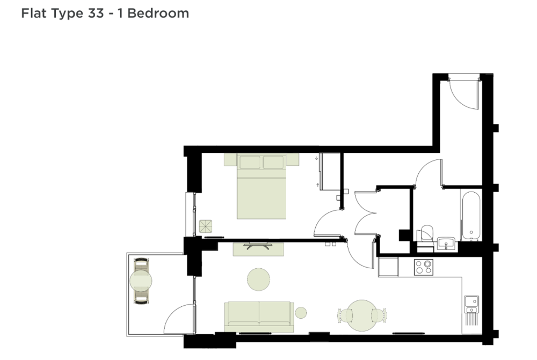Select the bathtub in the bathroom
coord(471,216)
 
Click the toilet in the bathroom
coord(426,236)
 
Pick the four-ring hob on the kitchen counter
coord(424,267)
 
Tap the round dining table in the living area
coord(361,315)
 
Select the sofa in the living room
coord(259,317)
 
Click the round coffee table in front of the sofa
coord(259,279)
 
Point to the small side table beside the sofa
coord(301,312)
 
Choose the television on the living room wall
coord(259,245)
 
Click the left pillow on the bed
coord(250,162)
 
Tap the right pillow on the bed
coord(273,162)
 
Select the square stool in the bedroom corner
coord(206,226)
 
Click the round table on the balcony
coord(141,281)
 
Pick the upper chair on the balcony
coord(141,265)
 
